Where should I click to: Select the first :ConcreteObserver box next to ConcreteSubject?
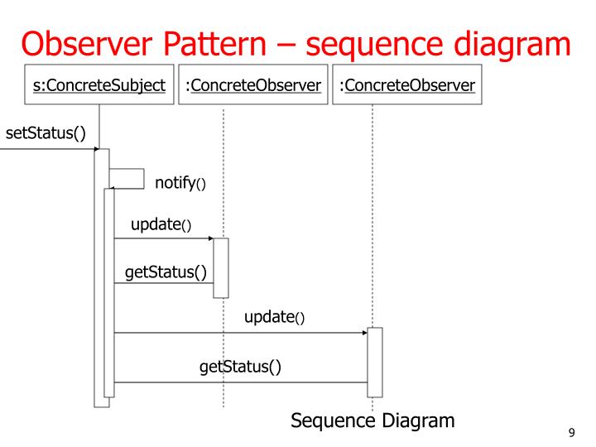pos(253,85)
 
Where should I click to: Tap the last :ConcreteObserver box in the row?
pos(407,85)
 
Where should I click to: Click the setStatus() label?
pos(46,132)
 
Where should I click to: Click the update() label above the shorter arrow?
pos(161,225)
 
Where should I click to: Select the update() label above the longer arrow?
pos(274,317)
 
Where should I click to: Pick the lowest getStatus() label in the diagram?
pos(240,365)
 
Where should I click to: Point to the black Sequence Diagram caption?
pos(372,421)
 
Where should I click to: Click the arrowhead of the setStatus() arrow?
pos(97,149)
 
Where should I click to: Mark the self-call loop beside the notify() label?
pos(127,178)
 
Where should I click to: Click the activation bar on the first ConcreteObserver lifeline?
pos(220,267)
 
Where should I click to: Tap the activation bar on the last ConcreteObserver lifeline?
pos(375,362)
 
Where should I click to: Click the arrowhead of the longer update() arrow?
pos(365,333)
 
